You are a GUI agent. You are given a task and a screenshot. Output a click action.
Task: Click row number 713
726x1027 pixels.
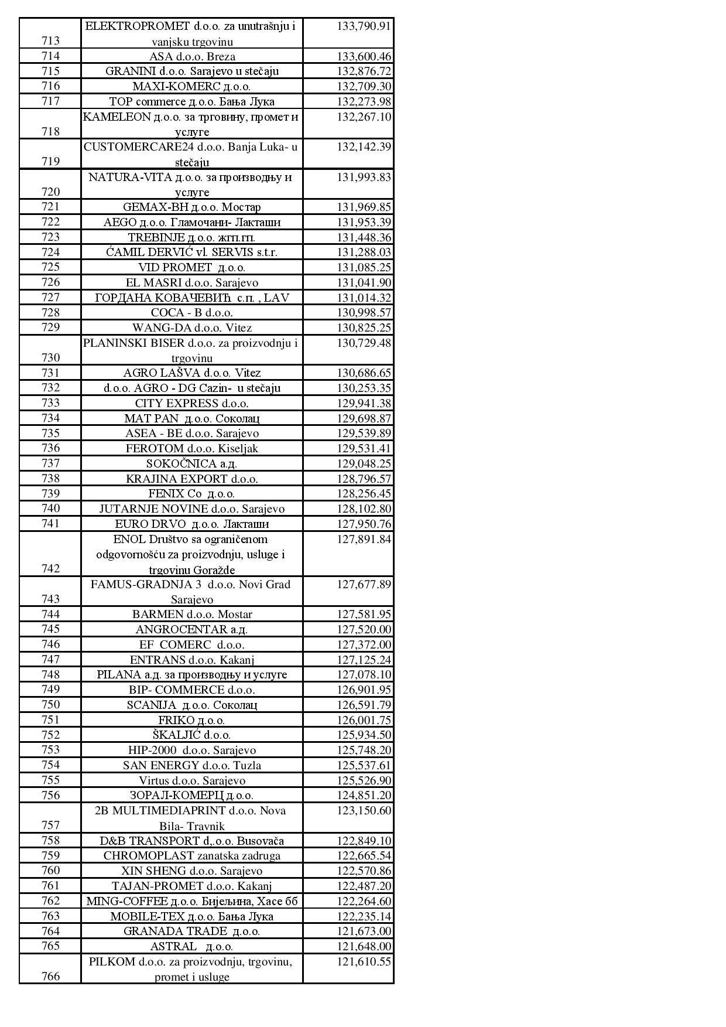pyautogui.click(x=50, y=40)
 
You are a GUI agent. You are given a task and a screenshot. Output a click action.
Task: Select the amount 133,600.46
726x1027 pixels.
pyautogui.click(x=364, y=56)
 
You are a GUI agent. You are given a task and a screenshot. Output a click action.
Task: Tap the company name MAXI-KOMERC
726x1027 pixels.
pyautogui.click(x=191, y=87)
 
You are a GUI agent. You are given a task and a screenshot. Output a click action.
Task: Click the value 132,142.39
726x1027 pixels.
pyautogui.click(x=364, y=146)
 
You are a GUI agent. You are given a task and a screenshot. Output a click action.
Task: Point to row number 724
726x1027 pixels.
pyautogui.click(x=50, y=252)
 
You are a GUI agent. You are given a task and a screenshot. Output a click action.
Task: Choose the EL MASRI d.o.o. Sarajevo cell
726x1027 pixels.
pyautogui.click(x=191, y=282)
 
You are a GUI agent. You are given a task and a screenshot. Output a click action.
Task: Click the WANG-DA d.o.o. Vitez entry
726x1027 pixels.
pyautogui.click(x=191, y=327)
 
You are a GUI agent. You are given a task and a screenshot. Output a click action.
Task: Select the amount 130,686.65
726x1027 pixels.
pyautogui.click(x=364, y=373)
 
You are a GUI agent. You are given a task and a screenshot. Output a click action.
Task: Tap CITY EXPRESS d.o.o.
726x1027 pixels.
pyautogui.click(x=191, y=403)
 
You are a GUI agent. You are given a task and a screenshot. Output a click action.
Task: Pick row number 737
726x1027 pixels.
pyautogui.click(x=50, y=463)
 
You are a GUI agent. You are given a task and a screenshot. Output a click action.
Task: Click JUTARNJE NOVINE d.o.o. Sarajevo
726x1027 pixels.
pyautogui.click(x=191, y=509)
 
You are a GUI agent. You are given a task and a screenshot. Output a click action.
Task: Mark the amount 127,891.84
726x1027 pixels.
pyautogui.click(x=364, y=539)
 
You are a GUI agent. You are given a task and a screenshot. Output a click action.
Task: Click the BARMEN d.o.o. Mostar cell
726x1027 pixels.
pyautogui.click(x=191, y=614)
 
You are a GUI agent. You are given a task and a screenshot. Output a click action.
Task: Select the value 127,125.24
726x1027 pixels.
pyautogui.click(x=364, y=660)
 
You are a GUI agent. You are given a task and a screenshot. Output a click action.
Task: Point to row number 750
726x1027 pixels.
pyautogui.click(x=50, y=704)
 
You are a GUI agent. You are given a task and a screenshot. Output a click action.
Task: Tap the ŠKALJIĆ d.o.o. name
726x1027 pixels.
pyautogui.click(x=191, y=735)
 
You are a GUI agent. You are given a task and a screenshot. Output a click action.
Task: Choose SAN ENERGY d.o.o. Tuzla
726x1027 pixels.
pyautogui.click(x=191, y=765)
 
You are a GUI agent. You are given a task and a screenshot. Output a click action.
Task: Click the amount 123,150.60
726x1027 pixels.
pyautogui.click(x=364, y=810)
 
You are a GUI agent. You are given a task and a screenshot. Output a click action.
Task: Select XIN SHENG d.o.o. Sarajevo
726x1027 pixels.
pyautogui.click(x=191, y=871)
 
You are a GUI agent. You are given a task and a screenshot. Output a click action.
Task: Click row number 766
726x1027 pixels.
pyautogui.click(x=50, y=976)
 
